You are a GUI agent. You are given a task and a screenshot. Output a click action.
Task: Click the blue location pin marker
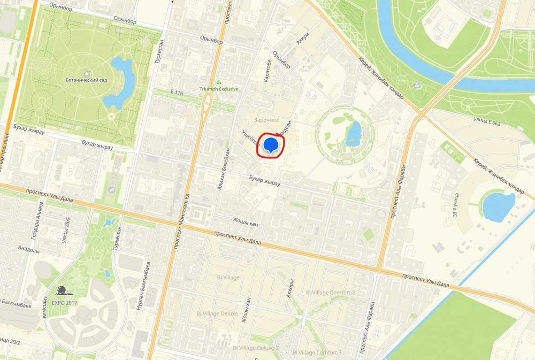271,145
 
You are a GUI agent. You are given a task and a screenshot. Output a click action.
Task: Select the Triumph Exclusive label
219,89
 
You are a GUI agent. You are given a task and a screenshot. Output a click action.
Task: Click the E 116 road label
177,93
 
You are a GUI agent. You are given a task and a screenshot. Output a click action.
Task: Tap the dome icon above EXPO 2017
63,290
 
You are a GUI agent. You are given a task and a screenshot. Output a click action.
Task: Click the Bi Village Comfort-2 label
330,293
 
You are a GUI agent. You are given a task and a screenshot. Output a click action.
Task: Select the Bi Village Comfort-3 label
317,353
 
